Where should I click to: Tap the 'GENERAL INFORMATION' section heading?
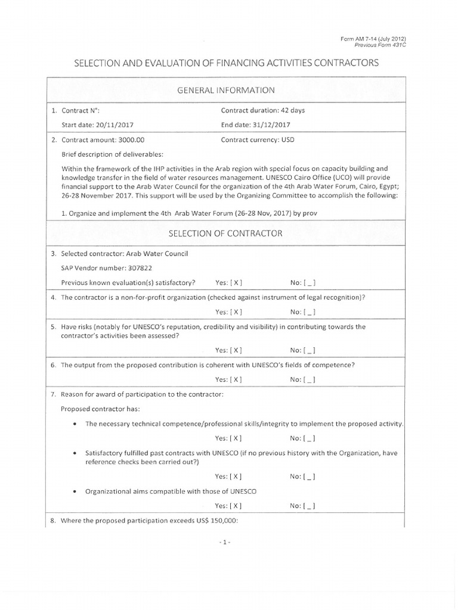225,91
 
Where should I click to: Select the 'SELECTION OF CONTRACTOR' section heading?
225,233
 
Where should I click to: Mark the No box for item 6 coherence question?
310,379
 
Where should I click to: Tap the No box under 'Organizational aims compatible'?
310,506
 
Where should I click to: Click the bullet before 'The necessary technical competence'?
73,425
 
